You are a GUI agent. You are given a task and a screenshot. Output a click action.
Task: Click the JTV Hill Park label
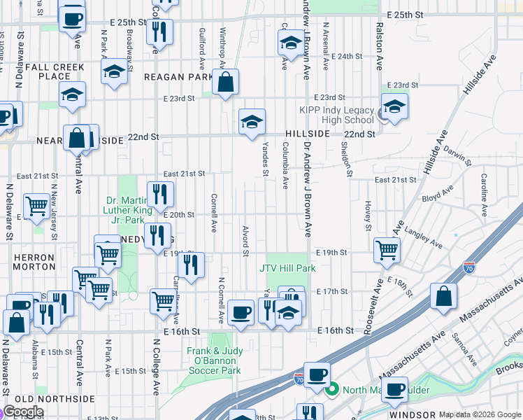tap(288, 267)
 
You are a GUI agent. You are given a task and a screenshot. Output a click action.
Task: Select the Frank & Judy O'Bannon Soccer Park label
tap(214, 360)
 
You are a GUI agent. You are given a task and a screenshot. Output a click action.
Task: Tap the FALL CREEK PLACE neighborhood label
tap(52, 71)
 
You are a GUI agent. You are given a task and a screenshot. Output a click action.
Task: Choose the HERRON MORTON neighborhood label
tap(34, 262)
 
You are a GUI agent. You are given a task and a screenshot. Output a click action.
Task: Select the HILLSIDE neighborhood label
tap(307, 134)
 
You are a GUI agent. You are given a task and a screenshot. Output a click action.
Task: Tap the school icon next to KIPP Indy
tap(394, 107)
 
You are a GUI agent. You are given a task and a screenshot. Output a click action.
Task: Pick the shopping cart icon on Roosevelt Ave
tap(387, 248)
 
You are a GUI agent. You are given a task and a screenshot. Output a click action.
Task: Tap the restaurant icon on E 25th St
tap(159, 31)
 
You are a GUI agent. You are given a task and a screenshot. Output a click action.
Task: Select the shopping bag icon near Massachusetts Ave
tap(443, 295)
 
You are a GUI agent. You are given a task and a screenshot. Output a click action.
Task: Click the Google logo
tap(22, 412)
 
